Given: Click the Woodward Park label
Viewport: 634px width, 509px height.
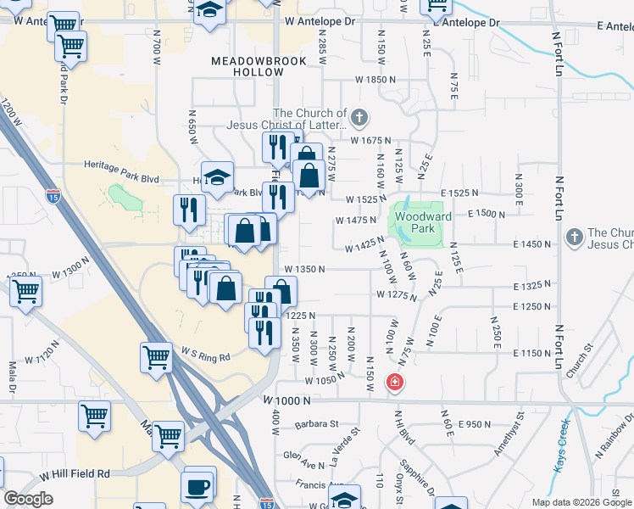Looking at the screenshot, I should [x=414, y=223].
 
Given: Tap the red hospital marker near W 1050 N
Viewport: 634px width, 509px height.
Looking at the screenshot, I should [x=394, y=383].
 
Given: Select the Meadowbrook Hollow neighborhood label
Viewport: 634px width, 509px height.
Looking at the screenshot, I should [x=246, y=67].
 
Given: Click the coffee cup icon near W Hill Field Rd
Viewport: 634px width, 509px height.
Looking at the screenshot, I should [x=198, y=487].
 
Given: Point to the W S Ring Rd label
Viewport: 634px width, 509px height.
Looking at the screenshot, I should [x=205, y=352].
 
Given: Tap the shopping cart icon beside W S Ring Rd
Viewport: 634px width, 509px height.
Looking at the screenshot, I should [x=156, y=357].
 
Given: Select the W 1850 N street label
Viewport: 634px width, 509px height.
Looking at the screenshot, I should [x=376, y=79].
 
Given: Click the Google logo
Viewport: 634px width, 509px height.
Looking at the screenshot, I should [x=28, y=499].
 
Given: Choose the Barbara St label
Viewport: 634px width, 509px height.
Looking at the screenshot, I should [x=316, y=423].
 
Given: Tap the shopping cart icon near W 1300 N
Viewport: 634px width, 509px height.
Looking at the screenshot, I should [x=26, y=291].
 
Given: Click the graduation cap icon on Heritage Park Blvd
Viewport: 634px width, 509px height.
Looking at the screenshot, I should [x=218, y=176].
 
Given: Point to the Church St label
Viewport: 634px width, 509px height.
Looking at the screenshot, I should [x=581, y=365].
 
